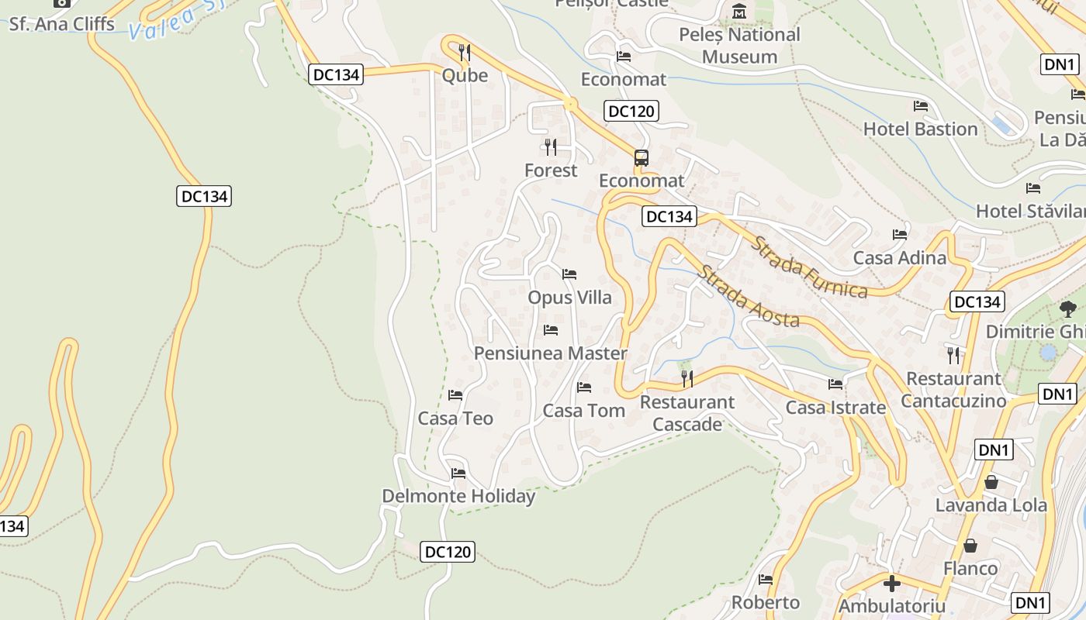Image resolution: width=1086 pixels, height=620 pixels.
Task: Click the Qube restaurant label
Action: (465, 75)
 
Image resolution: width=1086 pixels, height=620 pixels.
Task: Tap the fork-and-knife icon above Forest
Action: (551, 146)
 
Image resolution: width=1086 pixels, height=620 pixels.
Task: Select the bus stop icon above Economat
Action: (641, 158)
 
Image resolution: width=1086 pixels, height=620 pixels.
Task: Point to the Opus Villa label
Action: (569, 298)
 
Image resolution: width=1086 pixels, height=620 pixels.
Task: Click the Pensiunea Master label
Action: (550, 353)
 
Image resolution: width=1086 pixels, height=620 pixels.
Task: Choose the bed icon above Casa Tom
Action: (584, 387)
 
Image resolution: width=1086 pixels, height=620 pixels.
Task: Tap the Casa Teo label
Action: (455, 418)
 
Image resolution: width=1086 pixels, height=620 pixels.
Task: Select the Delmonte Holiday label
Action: (458, 496)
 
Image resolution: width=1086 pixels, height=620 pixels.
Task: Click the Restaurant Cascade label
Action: (687, 413)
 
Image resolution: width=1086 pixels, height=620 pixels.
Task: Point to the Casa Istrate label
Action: (835, 408)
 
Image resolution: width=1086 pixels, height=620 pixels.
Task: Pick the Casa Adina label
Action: (899, 257)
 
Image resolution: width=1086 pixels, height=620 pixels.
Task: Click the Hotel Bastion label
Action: (920, 129)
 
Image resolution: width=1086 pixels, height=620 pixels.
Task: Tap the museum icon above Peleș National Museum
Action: (739, 12)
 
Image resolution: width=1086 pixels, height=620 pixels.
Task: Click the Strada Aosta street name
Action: (748, 297)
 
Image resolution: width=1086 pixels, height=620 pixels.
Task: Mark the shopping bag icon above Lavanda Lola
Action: (991, 482)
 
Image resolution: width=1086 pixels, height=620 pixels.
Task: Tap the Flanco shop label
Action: (970, 569)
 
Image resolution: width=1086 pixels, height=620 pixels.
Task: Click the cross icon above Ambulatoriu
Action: (892, 583)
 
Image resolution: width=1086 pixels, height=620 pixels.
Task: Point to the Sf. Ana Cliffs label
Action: (62, 24)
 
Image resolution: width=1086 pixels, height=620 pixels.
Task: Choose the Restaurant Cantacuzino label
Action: (953, 390)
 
